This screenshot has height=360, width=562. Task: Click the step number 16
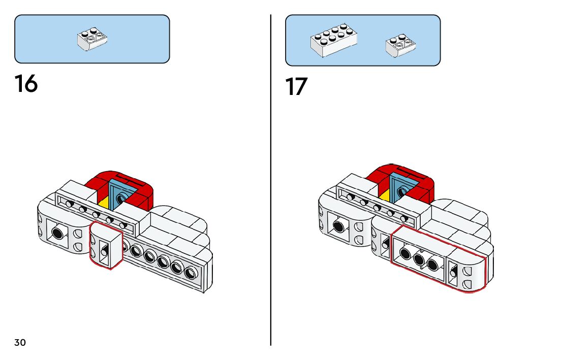(26, 83)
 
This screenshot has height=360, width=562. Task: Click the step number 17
(296, 87)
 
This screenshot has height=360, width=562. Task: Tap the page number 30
(20, 343)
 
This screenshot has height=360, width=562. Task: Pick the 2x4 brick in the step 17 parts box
(333, 40)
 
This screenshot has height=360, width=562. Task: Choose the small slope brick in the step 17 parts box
(401, 46)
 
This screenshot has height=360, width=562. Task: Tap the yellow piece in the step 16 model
(104, 203)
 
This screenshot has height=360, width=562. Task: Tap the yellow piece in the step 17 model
(385, 196)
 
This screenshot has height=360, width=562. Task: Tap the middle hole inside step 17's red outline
(419, 259)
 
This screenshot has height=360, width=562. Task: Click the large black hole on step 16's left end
(58, 233)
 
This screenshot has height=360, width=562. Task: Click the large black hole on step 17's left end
(338, 225)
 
